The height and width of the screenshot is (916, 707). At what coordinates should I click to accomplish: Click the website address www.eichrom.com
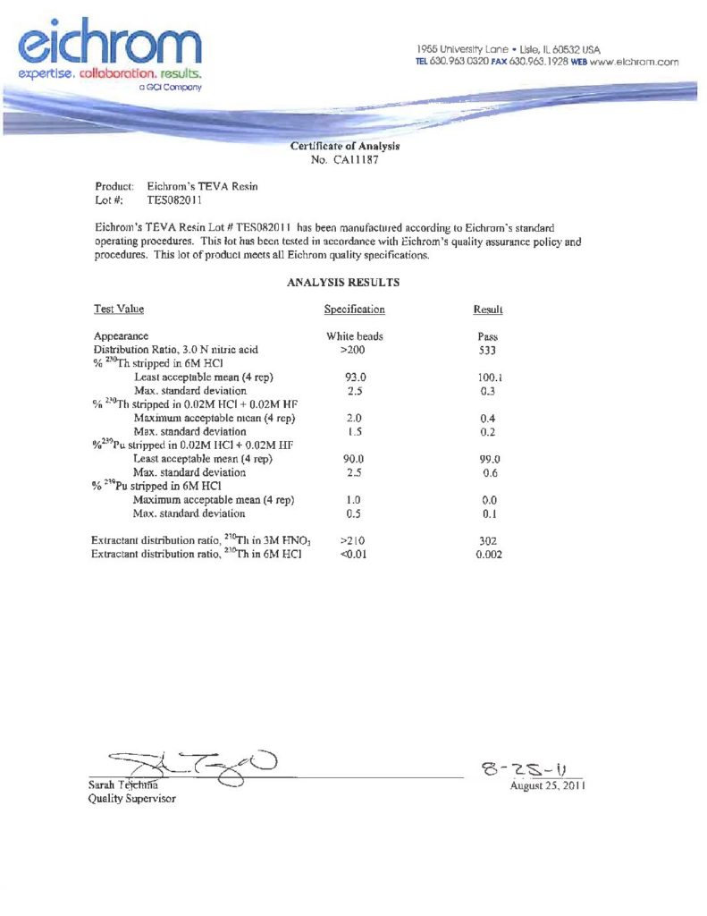635,63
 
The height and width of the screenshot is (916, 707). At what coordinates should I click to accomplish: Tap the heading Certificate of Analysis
344,146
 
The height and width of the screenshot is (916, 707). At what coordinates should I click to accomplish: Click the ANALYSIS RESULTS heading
343,283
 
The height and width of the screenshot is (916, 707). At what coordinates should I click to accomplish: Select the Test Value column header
119,310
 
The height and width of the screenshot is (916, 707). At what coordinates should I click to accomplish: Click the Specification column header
354,310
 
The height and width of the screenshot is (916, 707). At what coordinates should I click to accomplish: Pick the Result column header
487,310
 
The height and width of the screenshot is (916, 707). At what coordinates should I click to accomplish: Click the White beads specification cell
355,336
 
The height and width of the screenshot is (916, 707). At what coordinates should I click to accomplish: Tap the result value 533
487,350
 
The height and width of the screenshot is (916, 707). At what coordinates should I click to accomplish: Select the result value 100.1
487,377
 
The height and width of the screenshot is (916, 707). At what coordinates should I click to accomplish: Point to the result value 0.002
488,555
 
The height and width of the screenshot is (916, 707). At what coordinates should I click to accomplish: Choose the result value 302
487,541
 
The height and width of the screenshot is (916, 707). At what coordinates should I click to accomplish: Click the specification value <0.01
355,555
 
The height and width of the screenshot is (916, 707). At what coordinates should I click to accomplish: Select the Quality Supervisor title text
131,798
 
